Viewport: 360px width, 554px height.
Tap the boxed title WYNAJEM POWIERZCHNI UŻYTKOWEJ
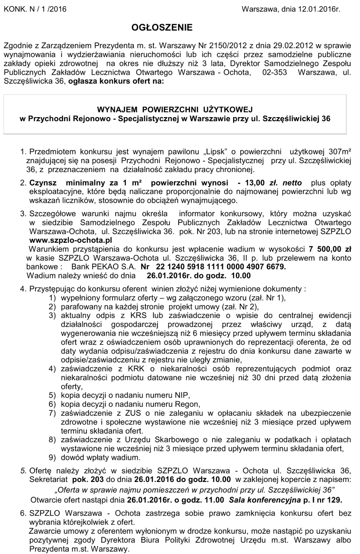[x=175, y=109]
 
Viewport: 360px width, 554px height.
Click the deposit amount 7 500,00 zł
[x=330, y=249]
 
